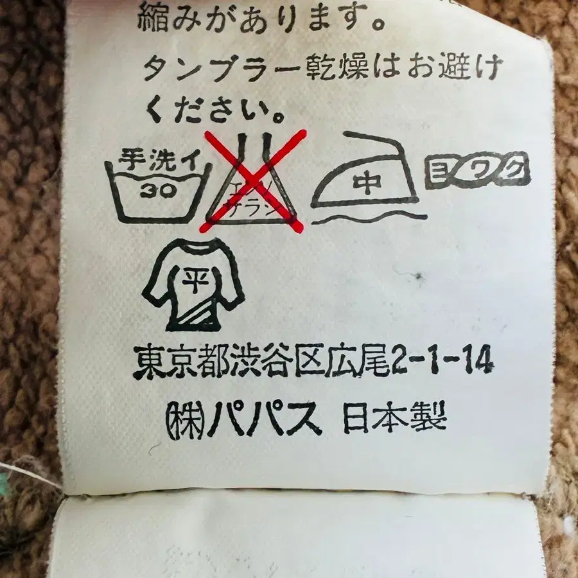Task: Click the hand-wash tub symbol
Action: point(157,190)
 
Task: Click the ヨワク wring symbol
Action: point(477,170)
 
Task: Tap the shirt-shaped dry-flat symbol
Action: point(192,283)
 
